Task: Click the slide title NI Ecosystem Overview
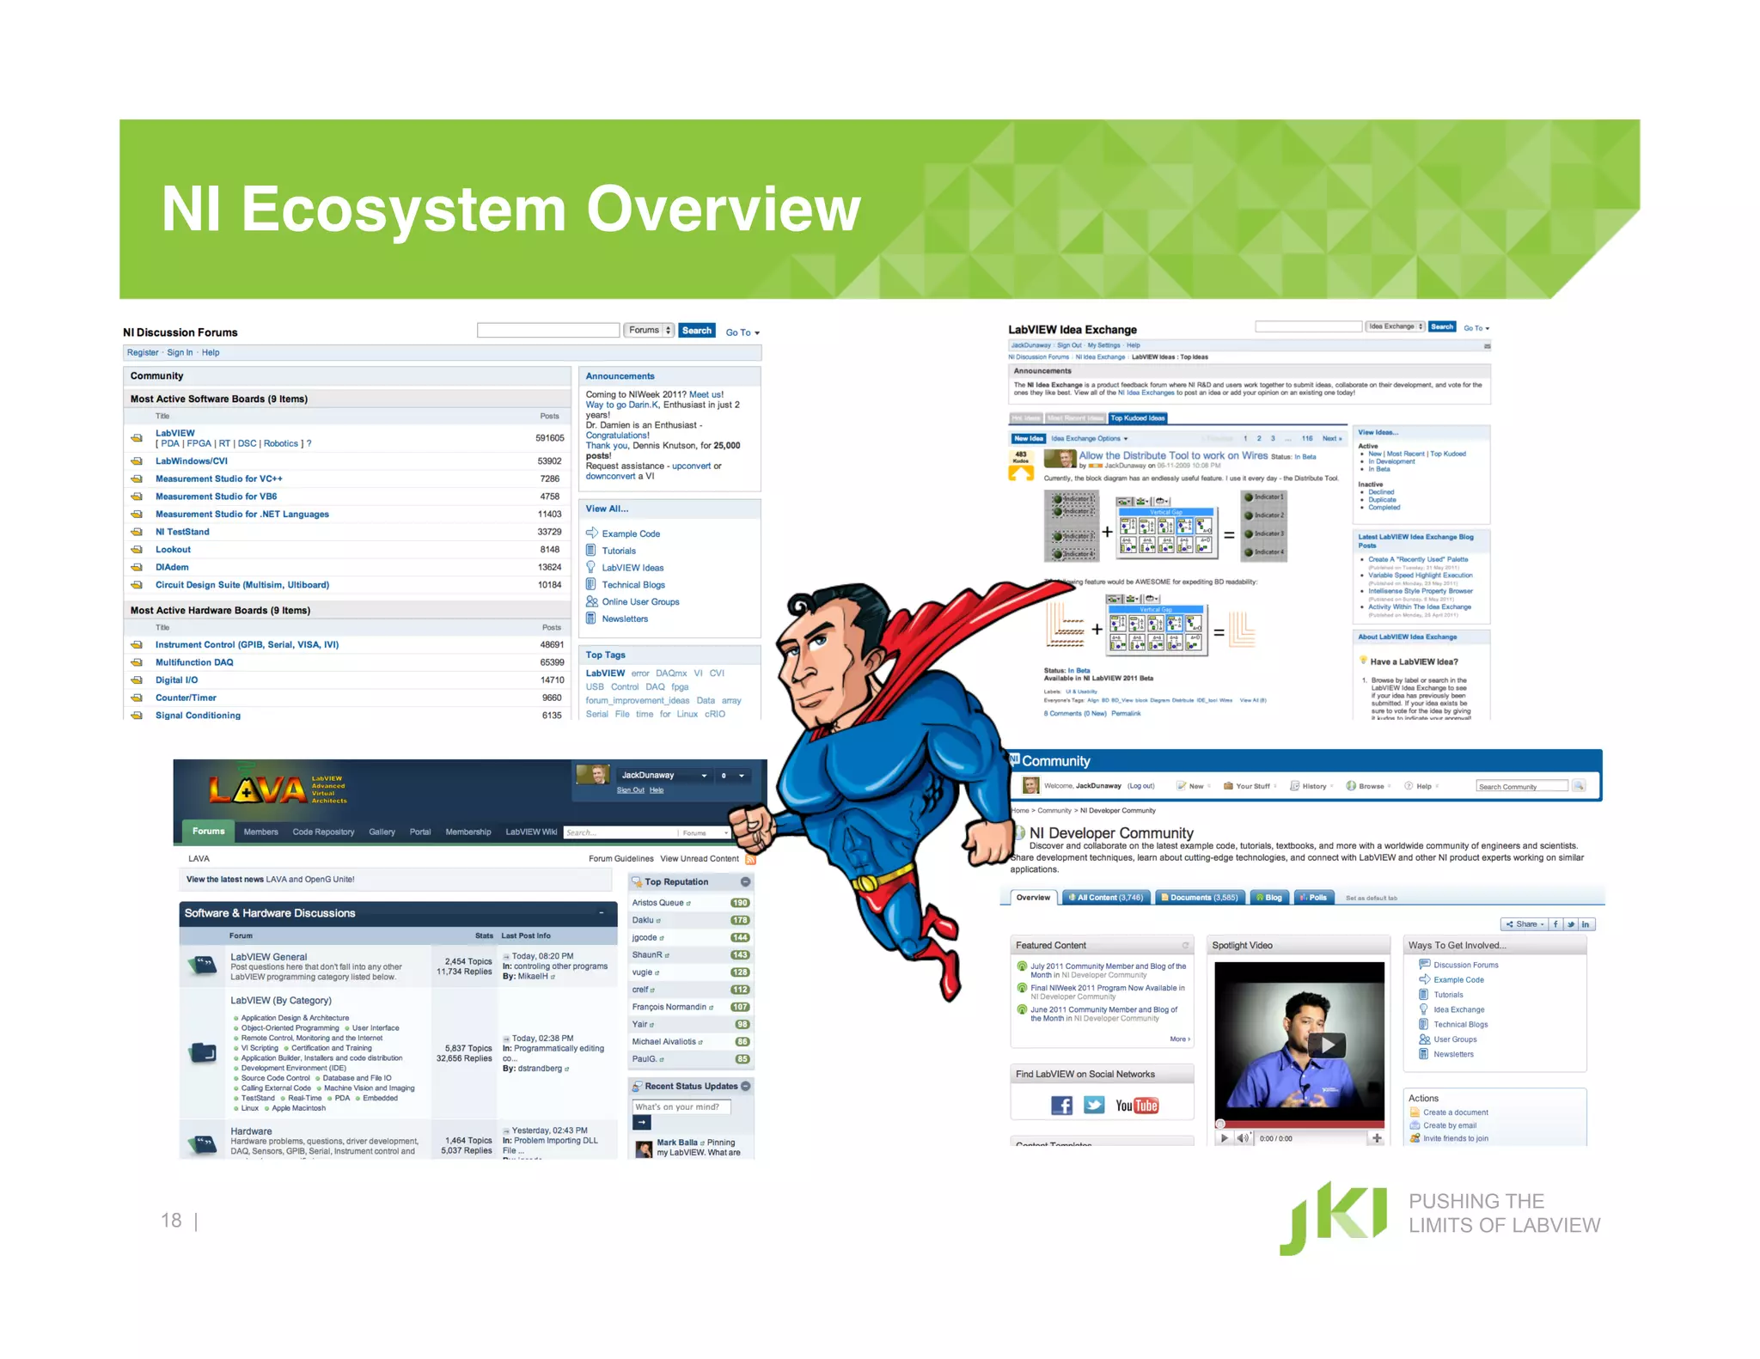510,209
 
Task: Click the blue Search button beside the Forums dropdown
696,331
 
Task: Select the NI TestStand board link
182,532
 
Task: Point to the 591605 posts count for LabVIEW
550,438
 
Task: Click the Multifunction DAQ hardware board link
194,662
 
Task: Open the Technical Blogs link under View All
633,585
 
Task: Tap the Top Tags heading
606,655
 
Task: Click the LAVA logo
258,789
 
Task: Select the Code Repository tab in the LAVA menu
323,832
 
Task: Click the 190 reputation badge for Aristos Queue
740,903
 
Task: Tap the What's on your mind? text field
681,1106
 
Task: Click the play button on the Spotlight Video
1327,1045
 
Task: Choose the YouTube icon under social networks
1137,1106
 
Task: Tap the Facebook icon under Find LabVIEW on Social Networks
1061,1106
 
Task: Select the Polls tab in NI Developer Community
1315,898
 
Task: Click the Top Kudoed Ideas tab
1137,418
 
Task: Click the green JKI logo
1333,1217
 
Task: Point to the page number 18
171,1221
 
